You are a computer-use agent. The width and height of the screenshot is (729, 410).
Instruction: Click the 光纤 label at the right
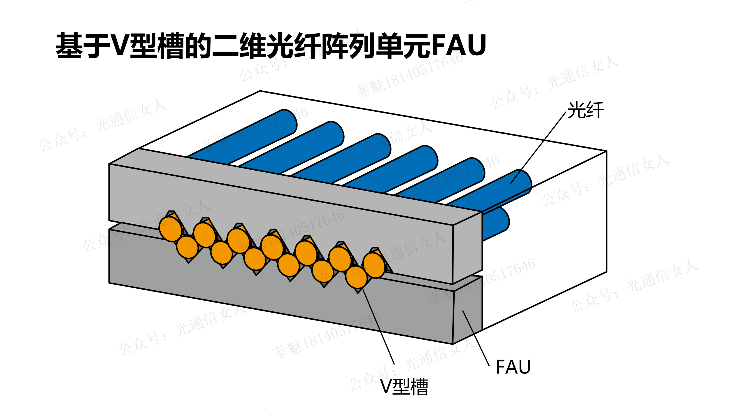point(585,110)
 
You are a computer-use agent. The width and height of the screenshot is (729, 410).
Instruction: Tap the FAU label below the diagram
point(513,367)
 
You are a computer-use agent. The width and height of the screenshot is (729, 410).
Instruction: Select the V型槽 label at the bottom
point(404,387)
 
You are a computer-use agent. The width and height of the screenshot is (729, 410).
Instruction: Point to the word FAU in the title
point(459,45)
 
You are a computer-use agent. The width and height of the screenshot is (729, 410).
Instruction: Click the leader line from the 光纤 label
point(538,148)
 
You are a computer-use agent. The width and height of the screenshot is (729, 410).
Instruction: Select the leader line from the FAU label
point(476,338)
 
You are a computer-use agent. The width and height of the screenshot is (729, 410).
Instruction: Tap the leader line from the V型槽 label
point(378,327)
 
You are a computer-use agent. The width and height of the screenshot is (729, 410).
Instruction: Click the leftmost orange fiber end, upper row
point(171,229)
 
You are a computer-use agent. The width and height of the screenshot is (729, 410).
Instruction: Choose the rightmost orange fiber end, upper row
point(374,265)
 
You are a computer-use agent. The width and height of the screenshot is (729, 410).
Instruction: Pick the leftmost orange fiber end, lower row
point(187,247)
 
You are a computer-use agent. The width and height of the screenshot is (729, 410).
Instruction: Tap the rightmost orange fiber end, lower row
point(356,277)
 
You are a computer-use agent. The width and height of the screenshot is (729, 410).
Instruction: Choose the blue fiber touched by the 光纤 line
point(496,190)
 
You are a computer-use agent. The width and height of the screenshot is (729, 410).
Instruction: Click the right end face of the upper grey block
point(467,248)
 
